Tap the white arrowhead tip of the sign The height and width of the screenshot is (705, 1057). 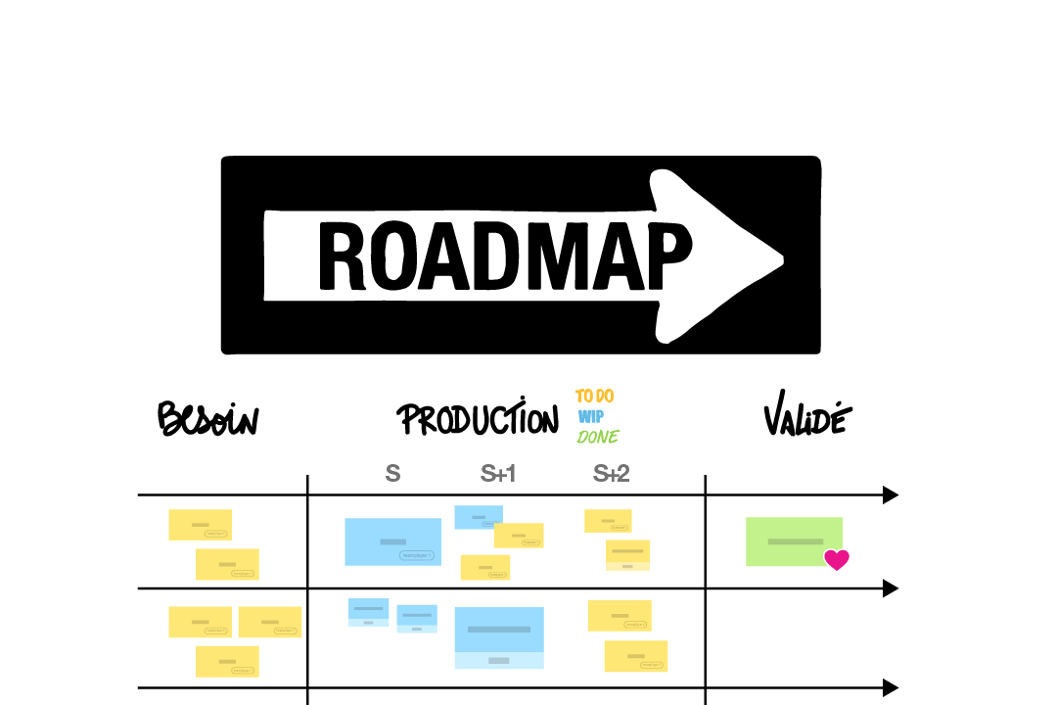779,258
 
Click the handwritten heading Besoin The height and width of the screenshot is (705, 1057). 207,419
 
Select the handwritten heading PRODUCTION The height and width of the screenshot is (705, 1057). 477,420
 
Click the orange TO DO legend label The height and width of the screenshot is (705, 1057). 594,397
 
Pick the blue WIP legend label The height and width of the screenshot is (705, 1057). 590,417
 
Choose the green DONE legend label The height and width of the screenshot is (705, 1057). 598,437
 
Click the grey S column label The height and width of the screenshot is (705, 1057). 392,474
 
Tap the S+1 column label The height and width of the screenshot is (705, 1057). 498,474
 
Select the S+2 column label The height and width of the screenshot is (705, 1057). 612,474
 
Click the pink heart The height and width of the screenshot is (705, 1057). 836,560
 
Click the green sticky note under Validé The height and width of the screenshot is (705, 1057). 794,540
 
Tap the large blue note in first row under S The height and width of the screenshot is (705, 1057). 392,541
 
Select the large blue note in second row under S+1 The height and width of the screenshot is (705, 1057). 499,636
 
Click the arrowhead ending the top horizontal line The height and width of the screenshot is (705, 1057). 891,495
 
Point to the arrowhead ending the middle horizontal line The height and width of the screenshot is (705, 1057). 891,588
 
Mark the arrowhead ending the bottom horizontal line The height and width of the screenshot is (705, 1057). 891,688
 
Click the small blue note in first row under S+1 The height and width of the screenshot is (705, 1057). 479,516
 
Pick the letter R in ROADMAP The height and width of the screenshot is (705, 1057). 342,256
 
